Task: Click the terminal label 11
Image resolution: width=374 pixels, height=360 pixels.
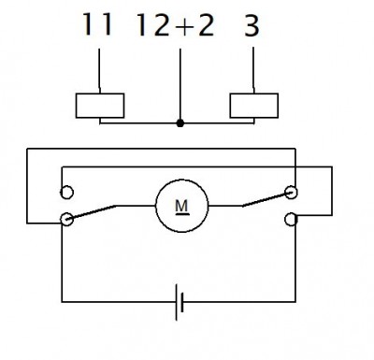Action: pos(97,25)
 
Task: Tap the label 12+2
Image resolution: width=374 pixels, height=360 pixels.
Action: pos(176,25)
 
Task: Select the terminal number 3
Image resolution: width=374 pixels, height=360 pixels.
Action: pos(252,25)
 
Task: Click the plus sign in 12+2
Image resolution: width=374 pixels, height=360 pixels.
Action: pos(184,26)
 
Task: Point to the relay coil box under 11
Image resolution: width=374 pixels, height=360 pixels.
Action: pos(100,106)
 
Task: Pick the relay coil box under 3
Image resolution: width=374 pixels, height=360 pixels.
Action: pos(254,106)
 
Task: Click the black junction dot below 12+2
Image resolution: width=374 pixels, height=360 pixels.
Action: pos(180,123)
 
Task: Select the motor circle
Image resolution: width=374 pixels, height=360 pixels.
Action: pos(182,206)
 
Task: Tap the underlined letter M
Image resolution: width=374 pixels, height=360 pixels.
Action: pos(182,207)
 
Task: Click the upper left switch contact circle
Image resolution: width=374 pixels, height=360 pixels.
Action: pos(66,192)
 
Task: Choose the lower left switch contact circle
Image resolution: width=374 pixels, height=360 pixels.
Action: pos(66,219)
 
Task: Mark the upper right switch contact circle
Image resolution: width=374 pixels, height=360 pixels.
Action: pos(291,192)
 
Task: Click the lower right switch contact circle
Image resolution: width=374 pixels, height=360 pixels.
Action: pos(291,219)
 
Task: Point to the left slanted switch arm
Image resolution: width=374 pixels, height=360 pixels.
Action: pos(92,212)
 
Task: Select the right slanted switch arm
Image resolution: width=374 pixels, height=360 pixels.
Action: pos(267,199)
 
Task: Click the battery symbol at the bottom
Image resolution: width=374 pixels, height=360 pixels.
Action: pos(180,302)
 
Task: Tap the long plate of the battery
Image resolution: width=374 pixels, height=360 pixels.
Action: pos(177,302)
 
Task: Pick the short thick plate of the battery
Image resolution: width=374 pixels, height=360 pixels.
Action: pos(182,302)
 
